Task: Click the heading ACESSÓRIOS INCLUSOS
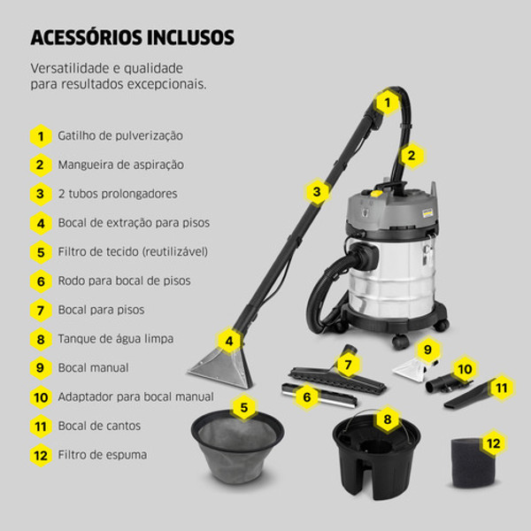click(133, 38)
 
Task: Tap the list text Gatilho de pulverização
click(120, 136)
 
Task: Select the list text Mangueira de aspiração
click(121, 165)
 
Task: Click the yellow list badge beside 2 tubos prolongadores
click(40, 194)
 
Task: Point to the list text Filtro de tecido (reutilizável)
click(133, 251)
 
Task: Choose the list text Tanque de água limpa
click(116, 338)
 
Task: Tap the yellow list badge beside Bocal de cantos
click(40, 426)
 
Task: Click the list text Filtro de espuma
click(103, 455)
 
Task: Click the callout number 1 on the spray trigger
click(386, 103)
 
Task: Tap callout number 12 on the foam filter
click(493, 442)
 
